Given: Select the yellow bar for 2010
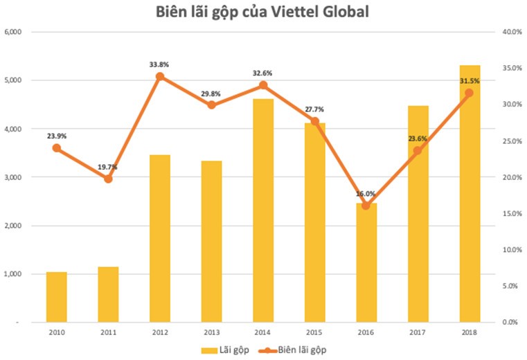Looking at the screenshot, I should (x=57, y=297).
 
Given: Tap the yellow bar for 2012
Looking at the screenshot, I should (x=160, y=238).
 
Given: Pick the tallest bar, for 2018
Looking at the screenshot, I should (x=470, y=194).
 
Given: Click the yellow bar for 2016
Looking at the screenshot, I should (x=366, y=262).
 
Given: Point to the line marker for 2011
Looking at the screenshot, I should (x=108, y=179).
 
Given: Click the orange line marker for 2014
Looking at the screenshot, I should (x=263, y=85).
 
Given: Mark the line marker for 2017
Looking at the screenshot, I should (x=418, y=150).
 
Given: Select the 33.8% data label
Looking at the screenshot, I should (x=159, y=64).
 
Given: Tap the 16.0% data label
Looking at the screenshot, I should (x=366, y=194).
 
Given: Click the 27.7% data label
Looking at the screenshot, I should (x=314, y=109).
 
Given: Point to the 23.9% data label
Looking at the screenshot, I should (x=57, y=136).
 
